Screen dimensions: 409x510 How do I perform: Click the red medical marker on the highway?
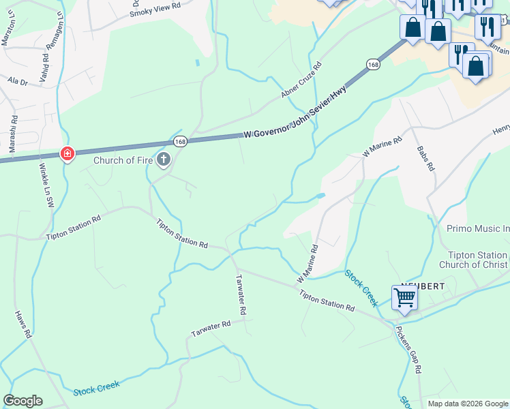click(x=67, y=154)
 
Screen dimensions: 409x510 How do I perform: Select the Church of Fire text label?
click(x=123, y=162)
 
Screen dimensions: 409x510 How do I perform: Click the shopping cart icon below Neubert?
click(x=404, y=297)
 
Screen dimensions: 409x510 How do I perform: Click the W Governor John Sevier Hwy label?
click(x=295, y=114)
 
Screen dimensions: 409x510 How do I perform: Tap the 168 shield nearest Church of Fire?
click(x=179, y=141)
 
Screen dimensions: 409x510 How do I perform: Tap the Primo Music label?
click(x=478, y=229)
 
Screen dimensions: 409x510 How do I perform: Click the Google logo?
click(x=22, y=401)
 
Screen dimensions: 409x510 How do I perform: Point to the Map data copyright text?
click(x=467, y=404)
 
